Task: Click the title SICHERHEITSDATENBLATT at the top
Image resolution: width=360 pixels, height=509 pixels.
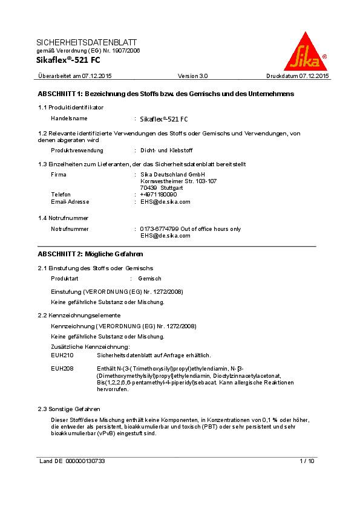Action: [87, 42]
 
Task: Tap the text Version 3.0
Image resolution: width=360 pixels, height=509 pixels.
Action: [192, 76]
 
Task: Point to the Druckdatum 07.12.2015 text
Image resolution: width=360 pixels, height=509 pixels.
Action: [297, 76]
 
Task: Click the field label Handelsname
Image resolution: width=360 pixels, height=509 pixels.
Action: [69, 118]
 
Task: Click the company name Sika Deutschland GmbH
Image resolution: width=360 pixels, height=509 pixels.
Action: [173, 175]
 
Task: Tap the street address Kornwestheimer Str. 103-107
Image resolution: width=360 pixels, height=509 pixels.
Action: [178, 181]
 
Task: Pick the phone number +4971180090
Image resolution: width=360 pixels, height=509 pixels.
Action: [159, 195]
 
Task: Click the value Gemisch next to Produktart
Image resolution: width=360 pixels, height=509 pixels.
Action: [149, 279]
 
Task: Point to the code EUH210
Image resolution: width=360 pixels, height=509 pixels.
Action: [62, 355]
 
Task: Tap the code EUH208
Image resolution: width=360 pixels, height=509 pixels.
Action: [62, 368]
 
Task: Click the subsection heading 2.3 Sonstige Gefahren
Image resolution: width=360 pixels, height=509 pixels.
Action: [69, 409]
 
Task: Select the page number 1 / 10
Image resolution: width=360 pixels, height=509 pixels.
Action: [307, 461]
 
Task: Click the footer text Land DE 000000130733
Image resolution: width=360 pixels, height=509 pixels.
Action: [71, 461]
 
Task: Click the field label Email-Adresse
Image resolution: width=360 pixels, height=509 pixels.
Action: [70, 202]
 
